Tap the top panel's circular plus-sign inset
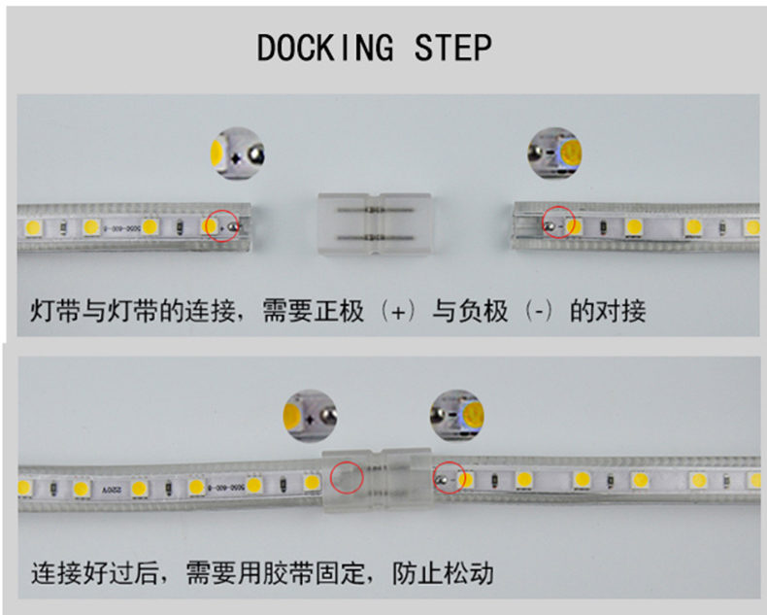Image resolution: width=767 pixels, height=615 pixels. (x=237, y=154)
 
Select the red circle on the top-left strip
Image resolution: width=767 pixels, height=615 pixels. (x=221, y=225)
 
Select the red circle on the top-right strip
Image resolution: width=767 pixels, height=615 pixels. (x=558, y=221)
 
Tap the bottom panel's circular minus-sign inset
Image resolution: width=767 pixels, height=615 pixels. (x=457, y=415)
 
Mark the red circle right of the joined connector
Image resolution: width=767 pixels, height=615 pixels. (x=450, y=478)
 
